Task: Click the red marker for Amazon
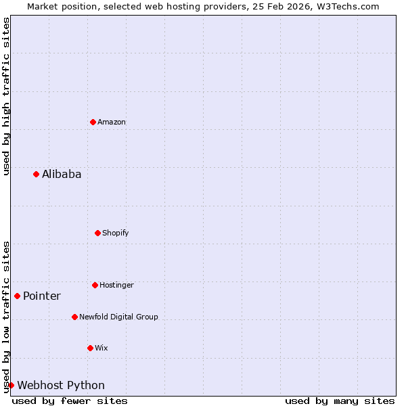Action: point(93,122)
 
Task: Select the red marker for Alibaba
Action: point(37,174)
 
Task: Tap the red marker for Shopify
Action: point(98,233)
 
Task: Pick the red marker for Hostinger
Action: point(95,285)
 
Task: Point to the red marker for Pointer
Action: point(18,296)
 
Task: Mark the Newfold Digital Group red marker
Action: point(75,317)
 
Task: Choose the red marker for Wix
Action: point(91,348)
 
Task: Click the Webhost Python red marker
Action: point(12,385)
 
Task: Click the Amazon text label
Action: point(112,122)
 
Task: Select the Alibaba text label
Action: point(62,174)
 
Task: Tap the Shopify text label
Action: point(116,233)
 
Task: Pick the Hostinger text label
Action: point(116,285)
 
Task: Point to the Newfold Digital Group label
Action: point(118,317)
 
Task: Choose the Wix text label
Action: point(101,348)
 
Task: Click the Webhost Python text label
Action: point(61,385)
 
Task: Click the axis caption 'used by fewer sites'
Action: point(70,401)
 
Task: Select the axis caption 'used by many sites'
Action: point(340,401)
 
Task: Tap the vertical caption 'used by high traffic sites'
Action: point(6,96)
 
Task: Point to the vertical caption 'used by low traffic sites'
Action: point(6,317)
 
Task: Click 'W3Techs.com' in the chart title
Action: point(348,6)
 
